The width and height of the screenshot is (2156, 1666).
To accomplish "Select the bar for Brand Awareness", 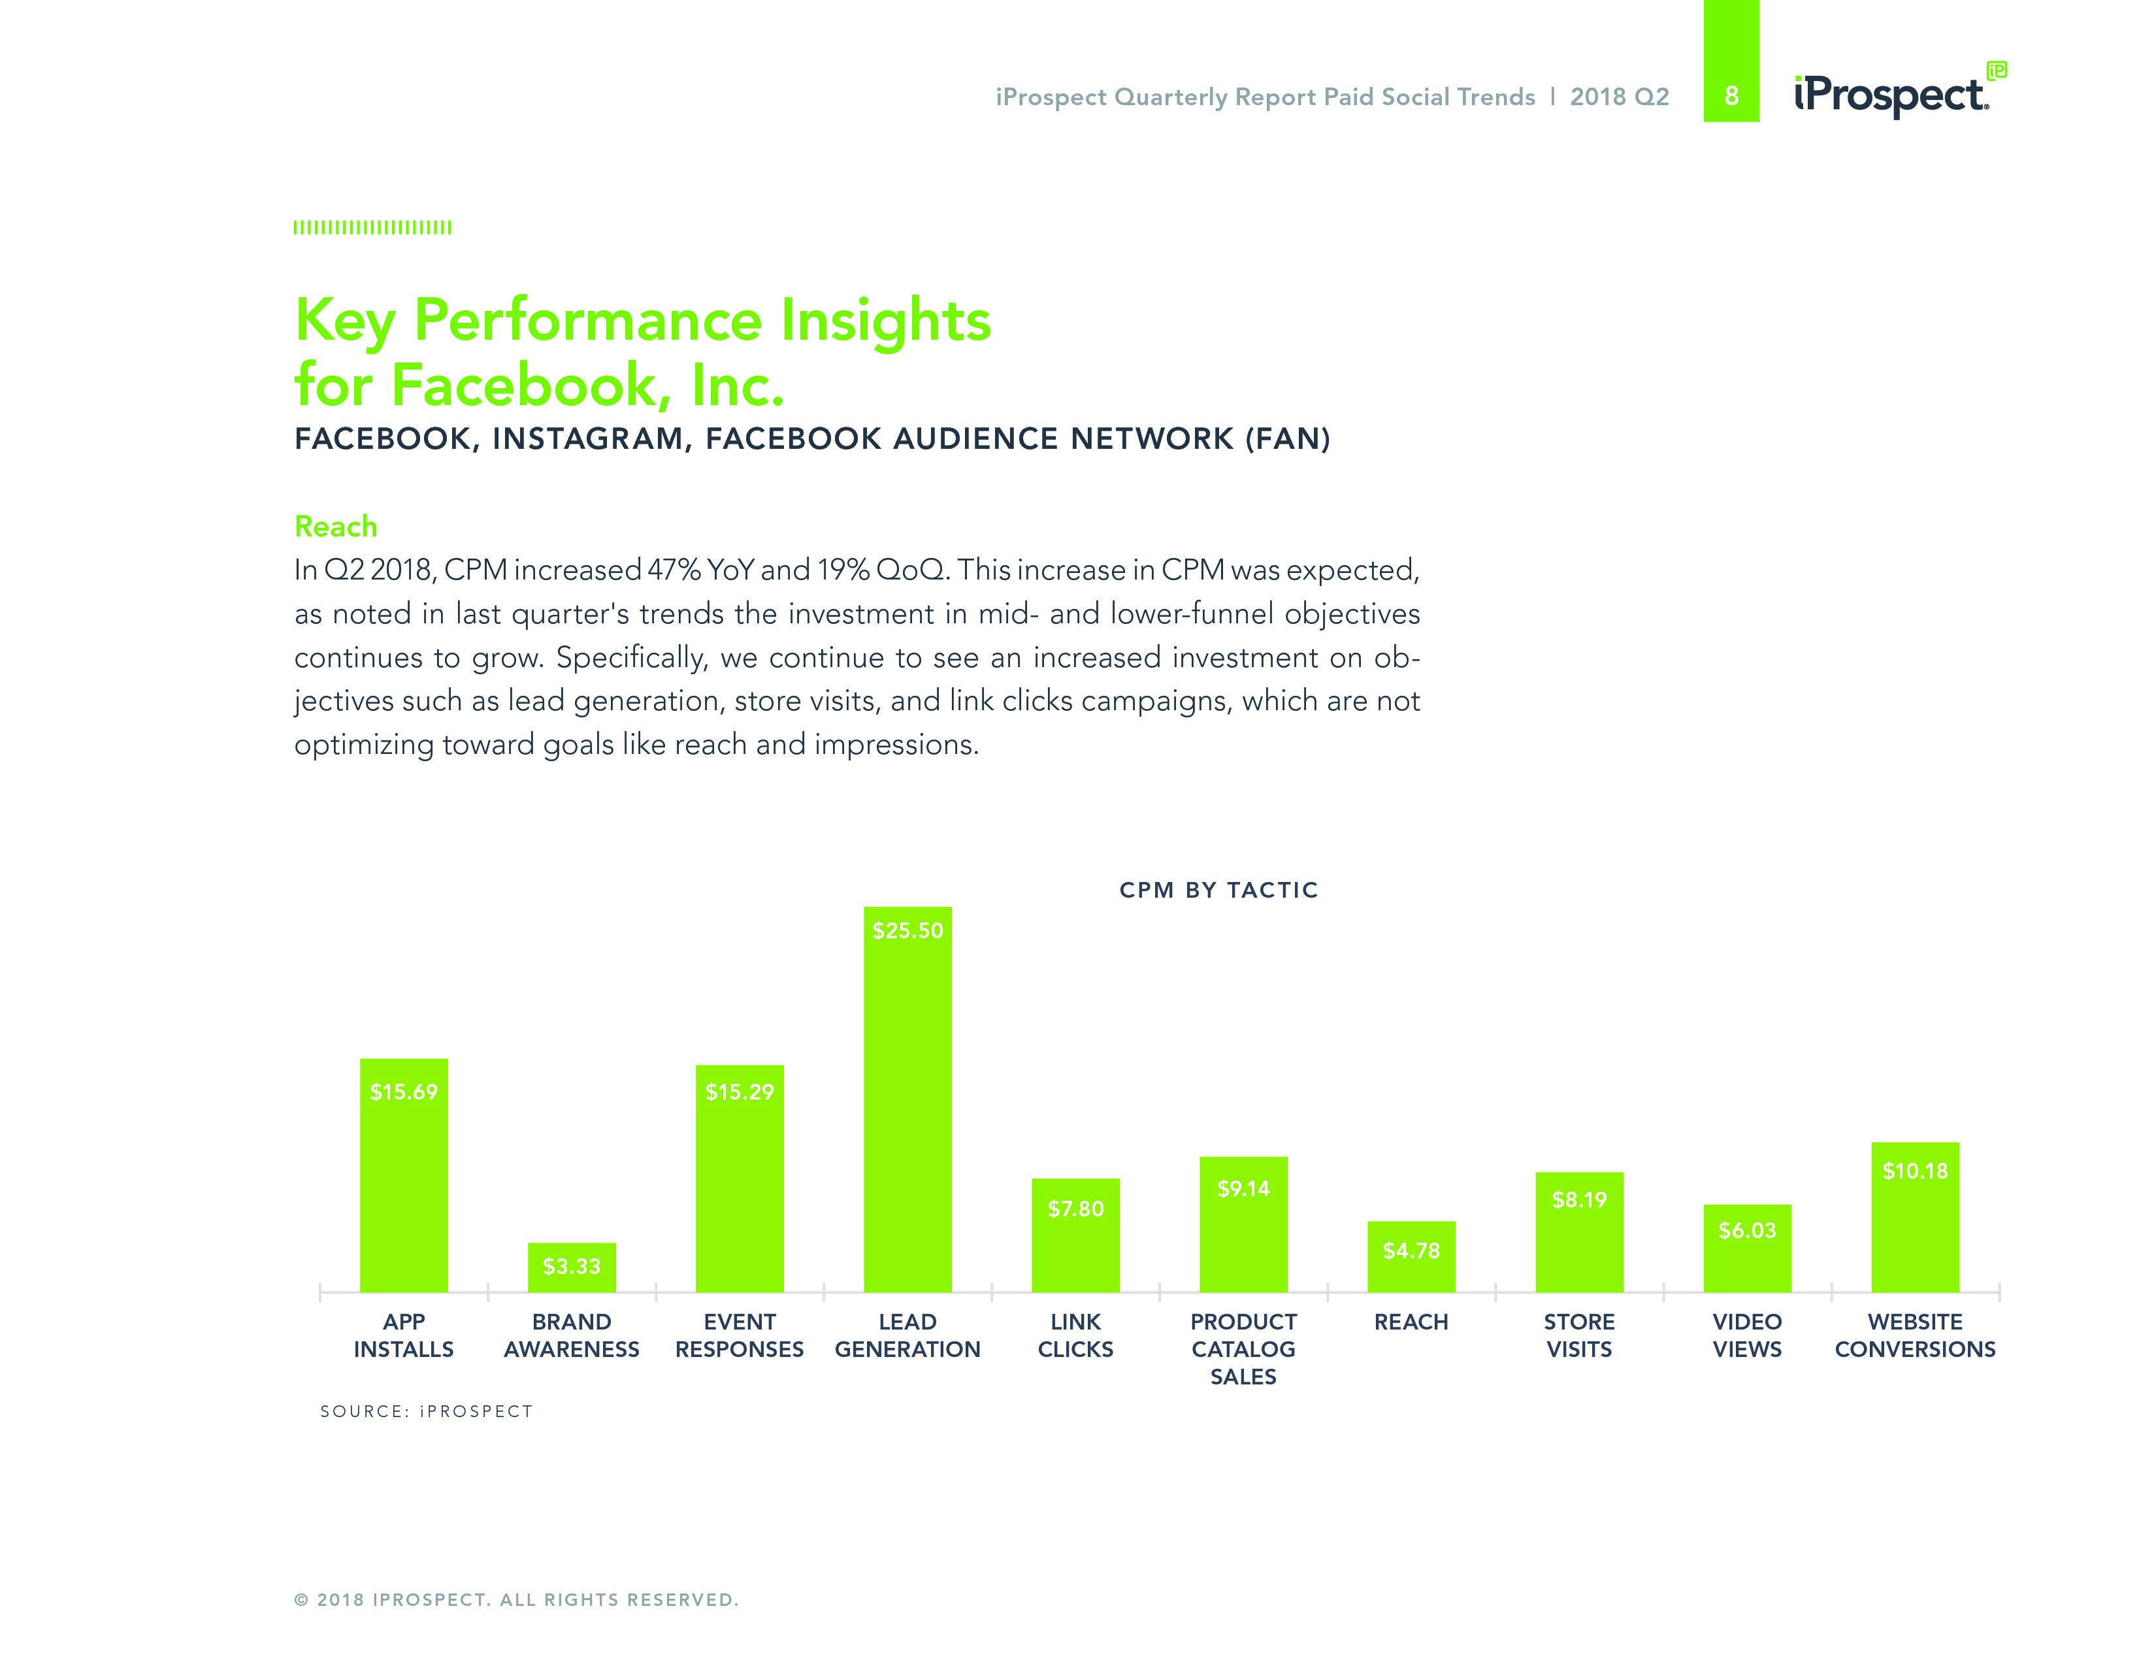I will point(572,1268).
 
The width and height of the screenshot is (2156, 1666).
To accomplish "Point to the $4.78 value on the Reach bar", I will point(1411,1250).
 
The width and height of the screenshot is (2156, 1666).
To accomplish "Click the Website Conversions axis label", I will point(1914,1335).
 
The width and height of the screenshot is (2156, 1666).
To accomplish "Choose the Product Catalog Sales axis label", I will point(1243,1348).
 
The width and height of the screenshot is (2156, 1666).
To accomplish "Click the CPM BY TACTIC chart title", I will point(1218,890).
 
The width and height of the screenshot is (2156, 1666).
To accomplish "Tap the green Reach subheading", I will point(336,526).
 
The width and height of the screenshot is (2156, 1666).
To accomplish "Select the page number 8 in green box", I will point(1731,96).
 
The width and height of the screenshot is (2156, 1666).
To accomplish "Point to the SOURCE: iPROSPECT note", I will point(425,1411).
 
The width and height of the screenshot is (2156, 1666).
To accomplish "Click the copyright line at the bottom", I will point(515,1600).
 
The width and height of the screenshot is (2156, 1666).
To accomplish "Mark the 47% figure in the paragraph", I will point(674,570).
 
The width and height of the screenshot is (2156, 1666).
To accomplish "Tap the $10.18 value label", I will point(1914,1171).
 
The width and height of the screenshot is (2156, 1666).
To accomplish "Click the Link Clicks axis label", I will point(1075,1335).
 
